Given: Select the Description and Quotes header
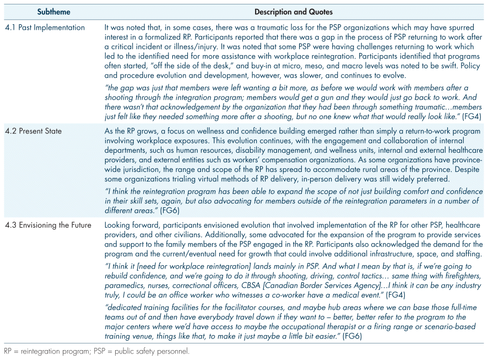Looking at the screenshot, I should click(293, 12).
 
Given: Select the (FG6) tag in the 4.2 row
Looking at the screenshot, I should click(170, 210).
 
